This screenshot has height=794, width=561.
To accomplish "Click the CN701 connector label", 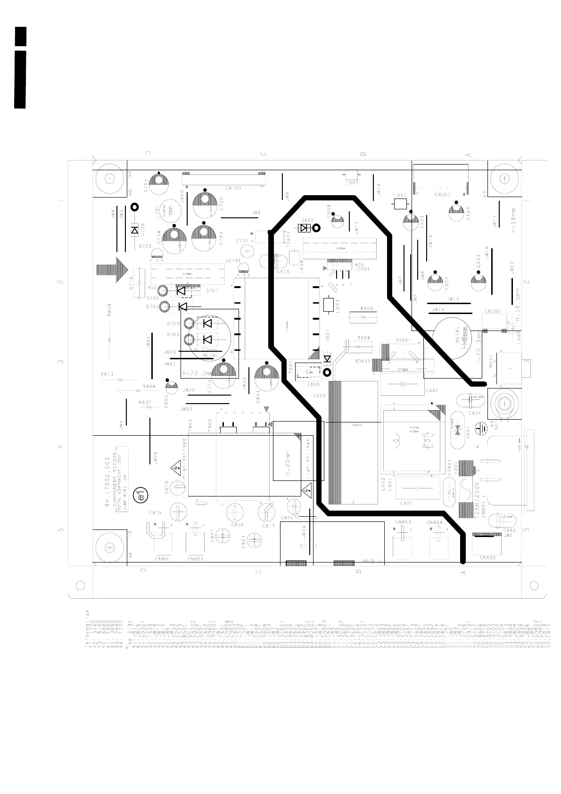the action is [233, 189].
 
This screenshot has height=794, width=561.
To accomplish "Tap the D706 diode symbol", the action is [135, 231].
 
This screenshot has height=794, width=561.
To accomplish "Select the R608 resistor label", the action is [366, 309].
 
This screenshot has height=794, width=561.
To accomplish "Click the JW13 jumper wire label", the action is [452, 299].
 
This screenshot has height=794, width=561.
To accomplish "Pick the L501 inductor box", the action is [400, 204].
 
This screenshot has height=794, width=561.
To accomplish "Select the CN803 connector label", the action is [403, 522].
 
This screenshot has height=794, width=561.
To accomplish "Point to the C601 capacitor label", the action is [406, 503].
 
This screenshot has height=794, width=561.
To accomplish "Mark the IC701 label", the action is [233, 261].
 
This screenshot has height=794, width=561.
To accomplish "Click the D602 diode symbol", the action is [304, 228].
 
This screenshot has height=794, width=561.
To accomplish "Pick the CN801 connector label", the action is [162, 559].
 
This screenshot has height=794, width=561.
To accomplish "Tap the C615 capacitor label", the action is [283, 272].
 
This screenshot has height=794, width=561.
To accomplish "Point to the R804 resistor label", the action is [149, 386].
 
